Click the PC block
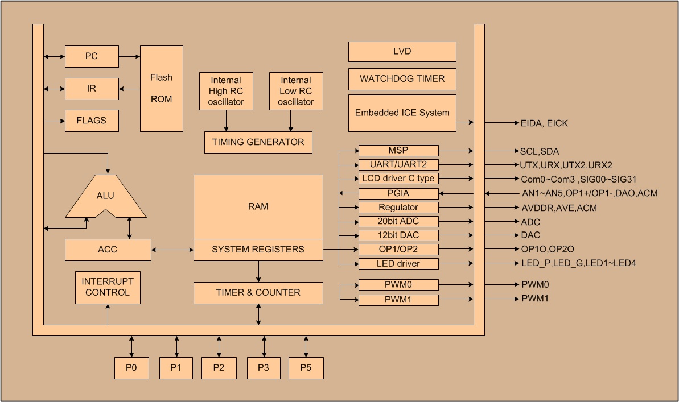tap(92, 56)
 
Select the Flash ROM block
tap(162, 88)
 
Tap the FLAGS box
tap(92, 121)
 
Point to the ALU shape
tap(105, 197)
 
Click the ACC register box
tap(108, 250)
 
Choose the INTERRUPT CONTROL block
tap(108, 287)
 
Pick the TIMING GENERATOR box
tap(258, 142)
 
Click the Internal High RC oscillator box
tap(226, 92)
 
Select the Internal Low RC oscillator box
tap(296, 92)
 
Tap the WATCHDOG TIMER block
tap(402, 79)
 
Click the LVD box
tap(402, 51)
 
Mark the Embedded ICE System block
tap(402, 113)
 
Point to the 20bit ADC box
tap(398, 222)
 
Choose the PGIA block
tap(398, 193)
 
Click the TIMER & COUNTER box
tap(258, 293)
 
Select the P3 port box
tap(263, 368)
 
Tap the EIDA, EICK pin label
tap(544, 123)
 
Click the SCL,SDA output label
tap(540, 151)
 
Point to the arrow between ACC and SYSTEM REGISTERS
tap(172, 250)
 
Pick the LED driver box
tap(398, 264)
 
